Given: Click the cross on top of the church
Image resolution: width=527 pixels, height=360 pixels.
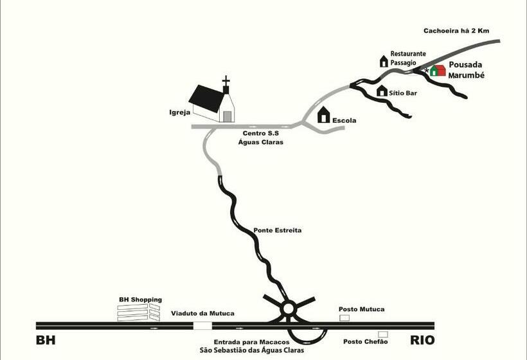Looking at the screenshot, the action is pos(226,80).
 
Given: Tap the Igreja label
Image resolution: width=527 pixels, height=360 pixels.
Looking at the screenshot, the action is pos(180,113).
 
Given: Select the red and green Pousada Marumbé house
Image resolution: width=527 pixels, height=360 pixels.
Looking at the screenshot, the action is pos(438,70).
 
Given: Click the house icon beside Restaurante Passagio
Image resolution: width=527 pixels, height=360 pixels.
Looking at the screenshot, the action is pos(384,61).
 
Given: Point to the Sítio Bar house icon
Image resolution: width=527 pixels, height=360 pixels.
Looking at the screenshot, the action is pos(382,91).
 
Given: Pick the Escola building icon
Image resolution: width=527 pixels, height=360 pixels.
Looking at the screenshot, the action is pos(324,114).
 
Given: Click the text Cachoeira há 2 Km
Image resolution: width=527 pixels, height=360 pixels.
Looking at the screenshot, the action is pos(456,31).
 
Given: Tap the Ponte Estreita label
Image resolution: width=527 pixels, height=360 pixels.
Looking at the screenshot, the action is pos(277,230).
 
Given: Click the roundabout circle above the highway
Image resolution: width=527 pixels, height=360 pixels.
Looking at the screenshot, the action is pos(289,308).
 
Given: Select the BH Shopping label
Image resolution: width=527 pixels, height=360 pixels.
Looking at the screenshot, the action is pos(141,300).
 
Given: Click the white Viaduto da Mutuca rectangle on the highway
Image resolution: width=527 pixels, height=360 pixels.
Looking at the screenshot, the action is pos(202,326).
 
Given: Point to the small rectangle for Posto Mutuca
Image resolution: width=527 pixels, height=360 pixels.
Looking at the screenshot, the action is pos(344,318).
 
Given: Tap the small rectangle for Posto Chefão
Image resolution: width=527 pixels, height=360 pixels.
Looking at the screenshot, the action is pos(383,334).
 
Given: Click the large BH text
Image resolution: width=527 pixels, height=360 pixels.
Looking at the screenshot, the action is pos(46,340).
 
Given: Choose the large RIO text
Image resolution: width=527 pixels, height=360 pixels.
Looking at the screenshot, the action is pos(422,340).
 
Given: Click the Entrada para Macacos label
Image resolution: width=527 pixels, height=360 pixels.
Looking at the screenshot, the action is pos(251,342).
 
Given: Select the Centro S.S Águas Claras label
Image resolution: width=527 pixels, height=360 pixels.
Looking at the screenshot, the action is pos(261,138).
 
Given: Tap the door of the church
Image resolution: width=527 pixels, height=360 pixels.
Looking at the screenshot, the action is pos(228,116).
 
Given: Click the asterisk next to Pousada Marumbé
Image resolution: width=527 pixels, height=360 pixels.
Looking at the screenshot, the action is pos(427,71).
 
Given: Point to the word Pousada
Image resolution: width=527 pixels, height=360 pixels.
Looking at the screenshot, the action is pos(465,64).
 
